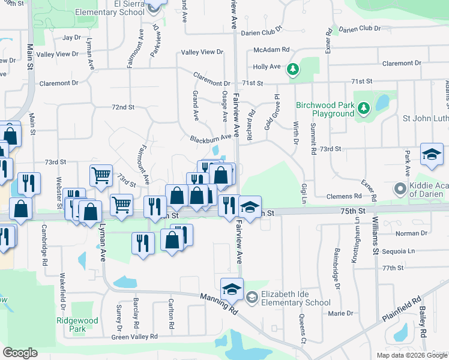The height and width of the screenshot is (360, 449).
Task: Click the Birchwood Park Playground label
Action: click(x=325, y=109)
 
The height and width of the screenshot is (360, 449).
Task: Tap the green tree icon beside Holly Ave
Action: click(x=293, y=70)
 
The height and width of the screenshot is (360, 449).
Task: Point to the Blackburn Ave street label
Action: click(x=211, y=138)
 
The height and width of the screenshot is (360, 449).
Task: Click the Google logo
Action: click(x=20, y=353)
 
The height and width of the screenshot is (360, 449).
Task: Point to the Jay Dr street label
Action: click(x=71, y=37)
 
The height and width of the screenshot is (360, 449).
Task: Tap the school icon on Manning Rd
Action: click(x=232, y=289)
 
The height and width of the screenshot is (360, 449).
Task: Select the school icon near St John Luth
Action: click(x=432, y=155)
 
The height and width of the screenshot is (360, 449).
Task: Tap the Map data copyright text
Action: click(x=411, y=355)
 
